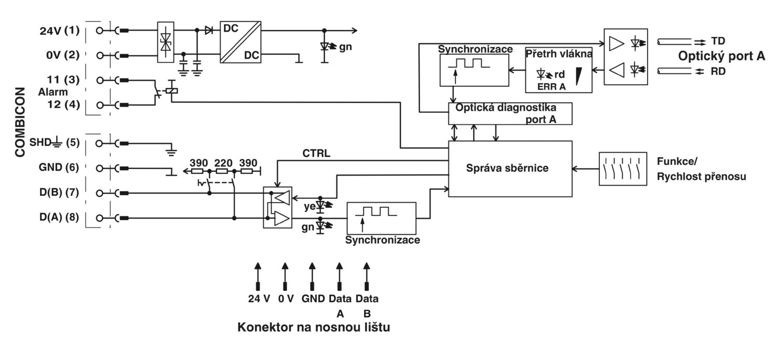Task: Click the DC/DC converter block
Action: click(240, 42)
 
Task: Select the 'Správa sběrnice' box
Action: click(510, 169)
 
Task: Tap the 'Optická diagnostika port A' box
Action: click(510, 113)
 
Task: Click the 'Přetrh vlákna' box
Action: click(558, 70)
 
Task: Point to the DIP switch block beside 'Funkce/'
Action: click(623, 169)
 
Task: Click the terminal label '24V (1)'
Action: click(60, 31)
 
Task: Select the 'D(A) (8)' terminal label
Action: click(59, 217)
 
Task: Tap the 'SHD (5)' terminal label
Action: click(55, 142)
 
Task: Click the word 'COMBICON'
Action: click(20, 122)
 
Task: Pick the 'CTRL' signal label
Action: click(316, 153)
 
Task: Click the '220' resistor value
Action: click(223, 163)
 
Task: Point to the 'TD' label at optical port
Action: click(718, 41)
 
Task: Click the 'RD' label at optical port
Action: click(718, 71)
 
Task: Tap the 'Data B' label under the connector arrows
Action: click(367, 306)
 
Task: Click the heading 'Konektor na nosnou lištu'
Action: click(314, 327)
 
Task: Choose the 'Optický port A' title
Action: click(722, 56)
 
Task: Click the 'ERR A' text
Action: click(552, 87)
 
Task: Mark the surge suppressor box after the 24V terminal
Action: click(166, 42)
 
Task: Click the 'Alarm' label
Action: click(53, 92)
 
